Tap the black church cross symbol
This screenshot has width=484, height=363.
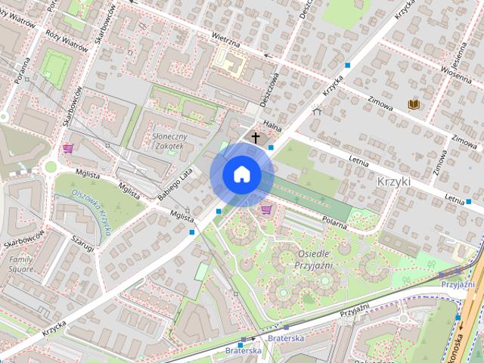click(x=256, y=138)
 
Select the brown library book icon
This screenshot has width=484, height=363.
click(x=413, y=104)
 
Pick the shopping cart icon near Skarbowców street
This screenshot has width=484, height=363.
click(x=68, y=147)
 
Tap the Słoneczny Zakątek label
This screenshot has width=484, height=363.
click(x=169, y=141)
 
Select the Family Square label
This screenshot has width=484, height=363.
click(x=20, y=264)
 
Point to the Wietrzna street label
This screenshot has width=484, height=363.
click(x=225, y=36)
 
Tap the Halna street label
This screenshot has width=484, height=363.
click(x=271, y=125)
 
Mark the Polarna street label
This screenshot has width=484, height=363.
click(x=332, y=221)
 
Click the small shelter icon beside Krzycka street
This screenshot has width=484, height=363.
click(x=316, y=111)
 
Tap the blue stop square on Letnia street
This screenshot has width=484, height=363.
click(x=469, y=202)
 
